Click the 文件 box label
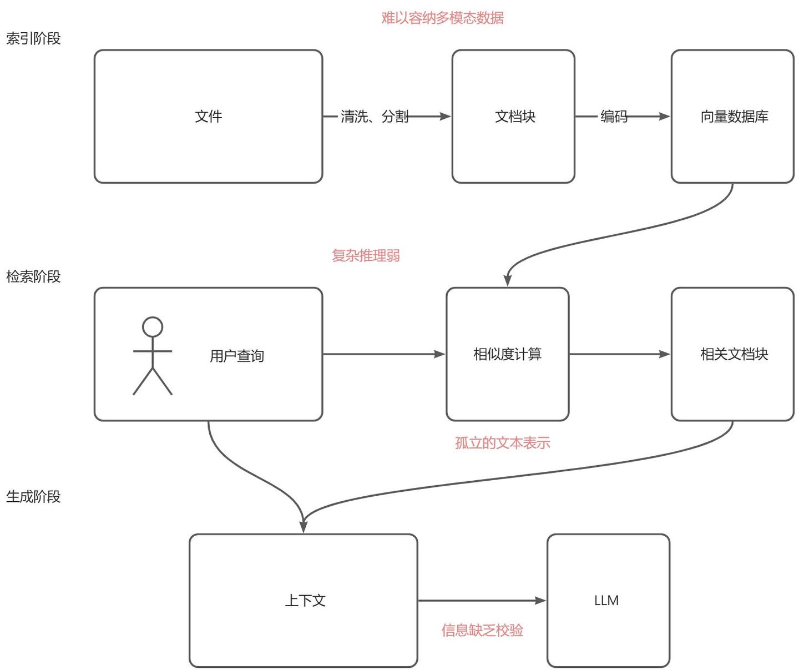tap(209, 117)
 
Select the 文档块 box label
tap(515, 117)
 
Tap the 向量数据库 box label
tap(734, 117)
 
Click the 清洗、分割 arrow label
tap(375, 117)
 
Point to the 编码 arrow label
tap(614, 117)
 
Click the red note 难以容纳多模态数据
tap(442, 18)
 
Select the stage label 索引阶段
tap(33, 39)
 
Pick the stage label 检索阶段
tap(33, 276)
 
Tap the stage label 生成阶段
tap(33, 496)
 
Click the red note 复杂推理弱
tap(366, 255)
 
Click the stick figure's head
tap(153, 327)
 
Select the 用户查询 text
tap(237, 356)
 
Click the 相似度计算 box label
tap(507, 354)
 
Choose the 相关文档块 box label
tap(734, 354)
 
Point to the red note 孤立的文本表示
tap(502, 443)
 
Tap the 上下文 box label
tap(305, 601)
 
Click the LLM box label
tap(606, 601)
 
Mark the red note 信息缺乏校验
tap(482, 630)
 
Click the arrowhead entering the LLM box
tap(540, 600)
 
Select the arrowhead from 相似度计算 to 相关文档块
tap(664, 354)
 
